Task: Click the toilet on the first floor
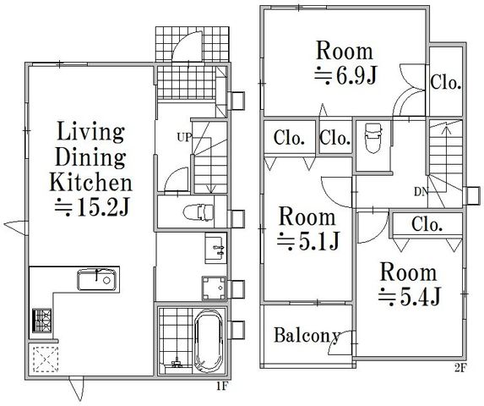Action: click(198, 212)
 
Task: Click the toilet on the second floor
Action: click(373, 138)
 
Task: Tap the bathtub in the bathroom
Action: click(209, 341)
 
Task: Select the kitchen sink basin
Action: click(97, 280)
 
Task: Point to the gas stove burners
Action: click(41, 321)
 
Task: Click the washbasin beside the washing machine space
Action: click(215, 248)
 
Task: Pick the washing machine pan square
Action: click(215, 288)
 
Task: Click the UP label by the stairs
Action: click(184, 137)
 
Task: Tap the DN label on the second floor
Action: click(421, 192)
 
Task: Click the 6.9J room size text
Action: click(345, 76)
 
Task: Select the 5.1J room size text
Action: click(308, 241)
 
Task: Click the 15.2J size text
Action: click(92, 206)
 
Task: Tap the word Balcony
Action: click(307, 335)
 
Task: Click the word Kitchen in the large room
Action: click(90, 183)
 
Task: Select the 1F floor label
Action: click(221, 386)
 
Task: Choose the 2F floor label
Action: click(461, 368)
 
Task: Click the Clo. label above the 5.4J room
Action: click(427, 225)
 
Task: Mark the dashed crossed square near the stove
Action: click(46, 359)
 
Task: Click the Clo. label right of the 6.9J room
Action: click(446, 83)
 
